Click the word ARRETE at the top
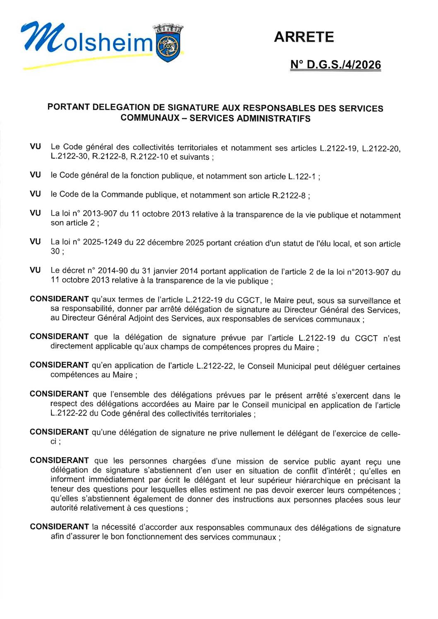click(304, 37)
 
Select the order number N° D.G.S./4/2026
click(335, 65)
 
